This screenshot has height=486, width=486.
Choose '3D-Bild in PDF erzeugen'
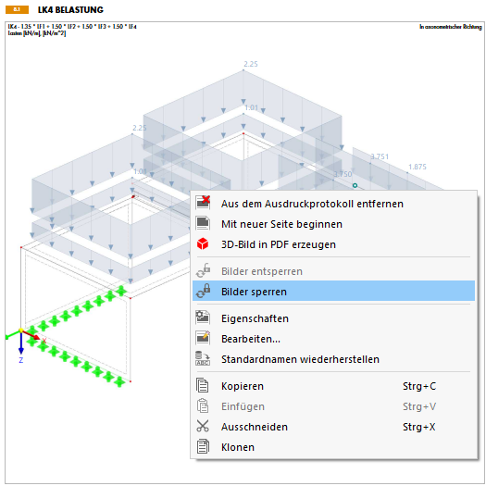[278, 244]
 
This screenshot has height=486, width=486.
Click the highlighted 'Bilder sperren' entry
[254, 291]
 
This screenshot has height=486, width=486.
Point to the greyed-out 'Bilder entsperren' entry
[261, 270]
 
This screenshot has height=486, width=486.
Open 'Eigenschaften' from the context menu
[255, 318]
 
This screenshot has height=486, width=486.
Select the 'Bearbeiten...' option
[250, 339]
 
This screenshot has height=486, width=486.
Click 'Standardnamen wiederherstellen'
[300, 359]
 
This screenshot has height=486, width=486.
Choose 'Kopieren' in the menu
[243, 386]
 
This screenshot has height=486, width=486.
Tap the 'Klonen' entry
[238, 447]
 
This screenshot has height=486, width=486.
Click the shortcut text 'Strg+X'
[420, 427]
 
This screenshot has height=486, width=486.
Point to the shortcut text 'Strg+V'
[420, 406]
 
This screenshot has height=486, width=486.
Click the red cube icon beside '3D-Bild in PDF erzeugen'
[204, 244]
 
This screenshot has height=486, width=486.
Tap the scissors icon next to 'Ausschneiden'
[204, 427]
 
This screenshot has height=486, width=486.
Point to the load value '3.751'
[380, 157]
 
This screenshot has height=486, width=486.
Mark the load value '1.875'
[417, 168]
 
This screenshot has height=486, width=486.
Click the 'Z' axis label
[20, 361]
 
